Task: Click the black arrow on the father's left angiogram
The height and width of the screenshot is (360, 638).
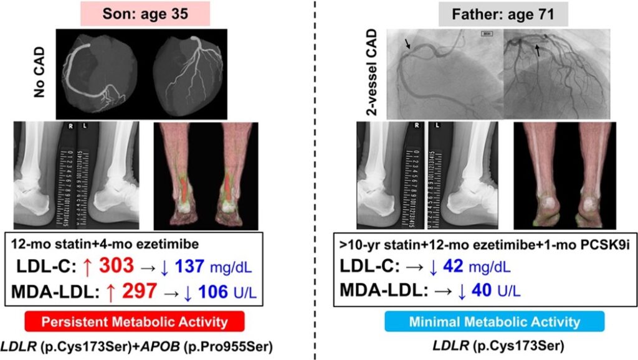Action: pyautogui.click(x=407, y=44)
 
